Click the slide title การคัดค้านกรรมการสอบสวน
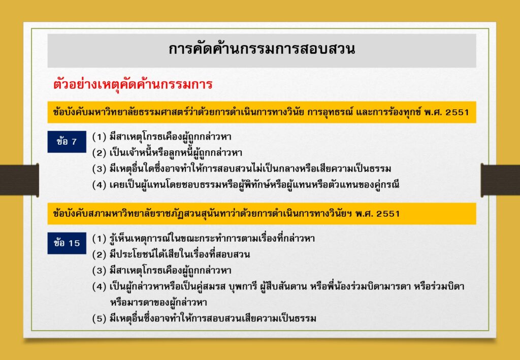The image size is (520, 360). [262, 49]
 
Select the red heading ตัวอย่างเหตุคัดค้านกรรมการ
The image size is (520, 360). [133, 84]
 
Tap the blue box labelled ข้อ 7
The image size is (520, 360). [67, 142]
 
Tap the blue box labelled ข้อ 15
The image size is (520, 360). [67, 243]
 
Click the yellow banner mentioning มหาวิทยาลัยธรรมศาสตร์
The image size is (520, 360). [262, 112]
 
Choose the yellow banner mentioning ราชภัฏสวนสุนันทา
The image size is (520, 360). [262, 213]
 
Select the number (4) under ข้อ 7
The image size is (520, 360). [99, 185]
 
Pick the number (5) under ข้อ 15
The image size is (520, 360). [99, 318]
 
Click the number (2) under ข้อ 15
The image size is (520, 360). [99, 254]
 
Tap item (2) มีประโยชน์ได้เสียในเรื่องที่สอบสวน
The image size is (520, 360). [179, 254]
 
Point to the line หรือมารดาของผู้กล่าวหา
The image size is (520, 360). [163, 303]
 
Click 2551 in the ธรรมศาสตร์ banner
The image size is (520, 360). [457, 112]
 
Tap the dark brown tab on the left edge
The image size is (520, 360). [19, 180]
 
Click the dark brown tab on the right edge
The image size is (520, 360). [500, 180]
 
